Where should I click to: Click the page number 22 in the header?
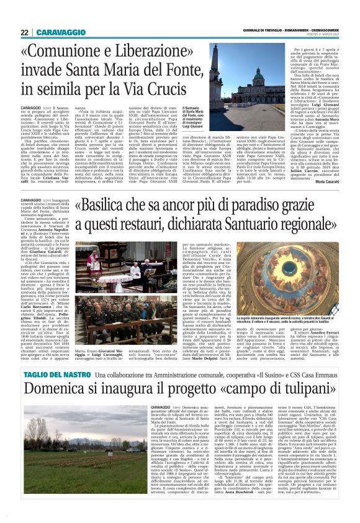(24, 32)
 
